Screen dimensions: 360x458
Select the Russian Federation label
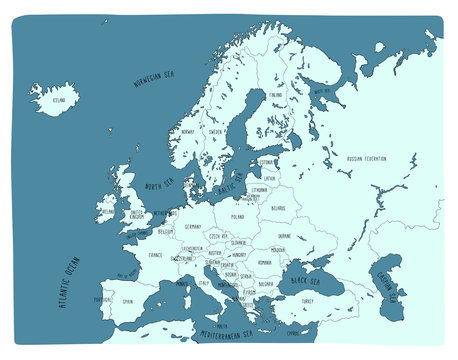coord(366,158)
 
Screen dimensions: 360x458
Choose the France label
coord(154,255)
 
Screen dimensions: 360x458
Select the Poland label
coord(237,216)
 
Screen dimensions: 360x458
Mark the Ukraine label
coord(298,237)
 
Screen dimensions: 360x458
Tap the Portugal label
coord(101,299)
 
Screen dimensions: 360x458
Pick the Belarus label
coord(278,208)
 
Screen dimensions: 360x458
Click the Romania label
coord(264,262)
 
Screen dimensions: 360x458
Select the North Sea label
coord(159,184)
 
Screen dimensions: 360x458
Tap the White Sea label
coord(321,92)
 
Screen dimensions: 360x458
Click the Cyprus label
coord(319,332)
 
